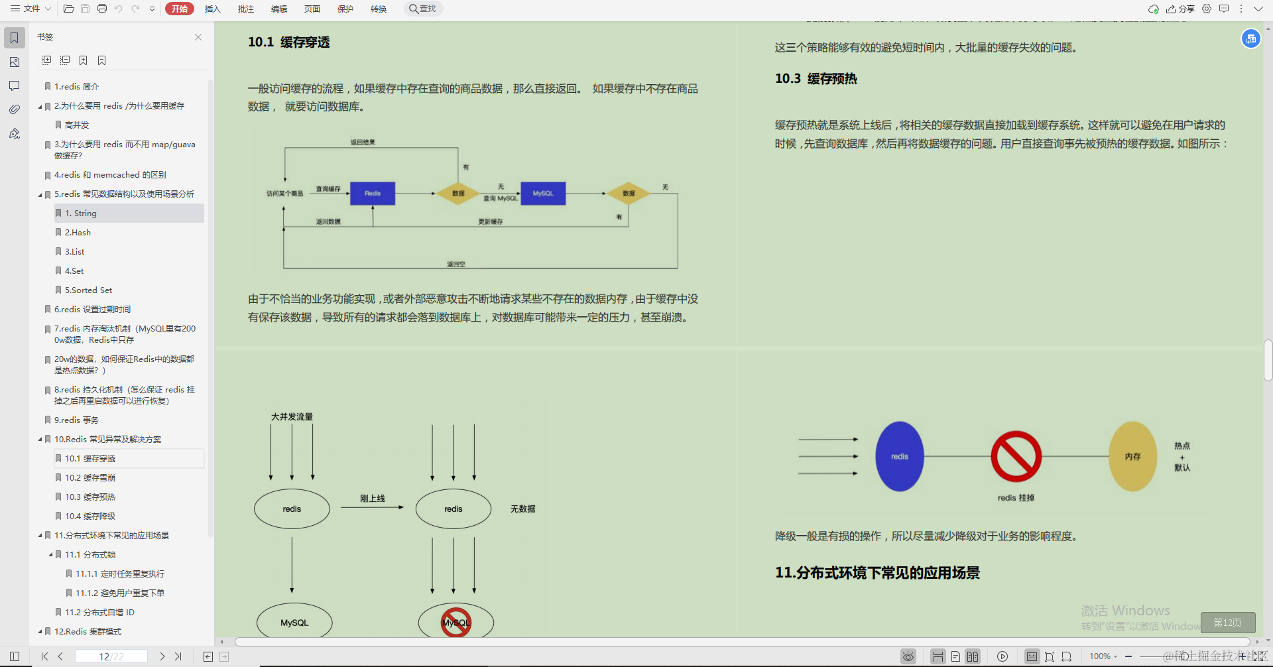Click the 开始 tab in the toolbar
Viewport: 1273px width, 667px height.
tap(179, 9)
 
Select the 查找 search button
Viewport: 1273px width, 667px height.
tap(423, 9)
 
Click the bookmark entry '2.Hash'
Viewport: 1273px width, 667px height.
tap(78, 233)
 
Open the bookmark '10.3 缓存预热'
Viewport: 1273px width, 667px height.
tap(90, 497)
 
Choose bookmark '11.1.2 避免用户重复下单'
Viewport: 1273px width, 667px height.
tap(119, 593)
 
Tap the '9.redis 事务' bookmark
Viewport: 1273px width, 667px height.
tap(76, 420)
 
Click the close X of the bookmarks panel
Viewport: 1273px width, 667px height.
tap(198, 37)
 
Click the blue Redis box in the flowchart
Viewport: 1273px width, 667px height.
tap(373, 194)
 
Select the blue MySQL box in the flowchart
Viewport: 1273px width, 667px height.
tap(543, 194)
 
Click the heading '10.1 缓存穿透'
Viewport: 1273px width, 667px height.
tap(288, 42)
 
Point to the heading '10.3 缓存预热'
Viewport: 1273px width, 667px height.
tap(816, 79)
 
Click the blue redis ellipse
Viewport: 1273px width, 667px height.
tap(899, 456)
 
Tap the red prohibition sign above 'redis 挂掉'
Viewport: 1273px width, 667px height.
tap(1016, 456)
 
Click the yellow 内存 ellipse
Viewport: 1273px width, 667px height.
tap(1132, 456)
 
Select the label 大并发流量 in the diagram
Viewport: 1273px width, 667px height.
tap(292, 417)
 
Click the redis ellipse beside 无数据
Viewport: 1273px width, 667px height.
tap(454, 509)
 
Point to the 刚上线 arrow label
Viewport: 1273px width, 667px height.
tap(372, 499)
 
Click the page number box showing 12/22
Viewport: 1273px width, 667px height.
tap(111, 656)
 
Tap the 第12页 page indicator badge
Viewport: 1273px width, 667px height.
tap(1227, 623)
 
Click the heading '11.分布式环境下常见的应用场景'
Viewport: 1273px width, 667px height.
tap(877, 573)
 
